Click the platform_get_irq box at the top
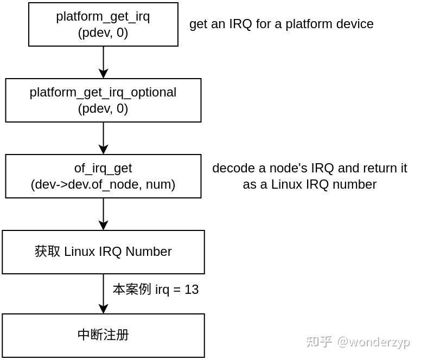103,24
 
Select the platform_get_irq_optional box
103,100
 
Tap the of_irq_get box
103,176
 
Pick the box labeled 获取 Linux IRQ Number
103,252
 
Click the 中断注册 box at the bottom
103,335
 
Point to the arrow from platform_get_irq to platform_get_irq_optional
103,62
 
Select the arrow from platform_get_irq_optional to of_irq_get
103,138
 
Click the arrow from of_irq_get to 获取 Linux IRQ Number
103,214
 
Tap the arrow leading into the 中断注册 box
103,293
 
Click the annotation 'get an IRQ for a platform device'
281,24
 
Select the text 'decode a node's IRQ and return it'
309,168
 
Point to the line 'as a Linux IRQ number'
309,184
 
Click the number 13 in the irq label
192,290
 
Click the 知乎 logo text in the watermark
319,342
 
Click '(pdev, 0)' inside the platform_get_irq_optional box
103,108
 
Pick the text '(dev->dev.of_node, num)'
103,184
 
